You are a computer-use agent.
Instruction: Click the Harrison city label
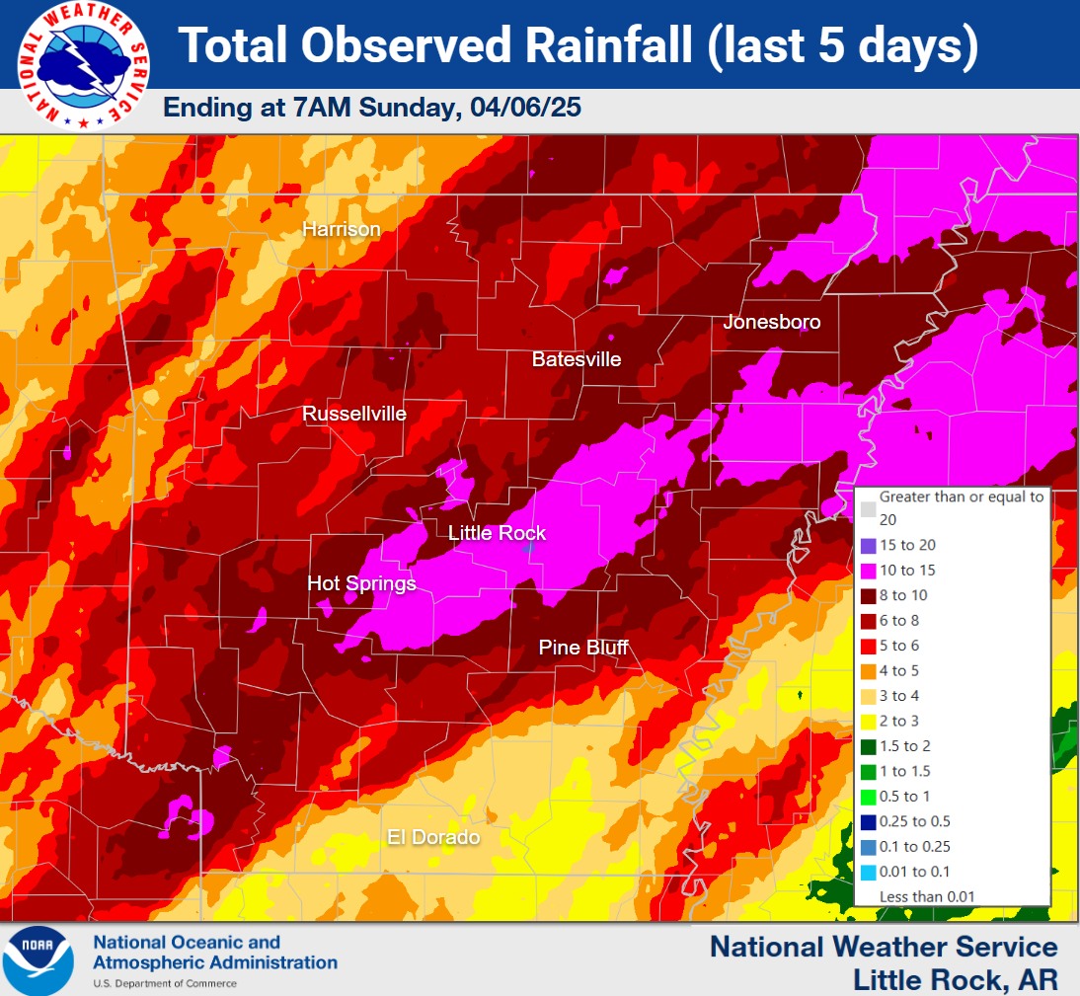click(x=341, y=229)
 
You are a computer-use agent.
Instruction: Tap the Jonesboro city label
click(x=771, y=322)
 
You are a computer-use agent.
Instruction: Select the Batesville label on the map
click(x=577, y=359)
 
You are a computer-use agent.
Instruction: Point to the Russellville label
click(x=354, y=414)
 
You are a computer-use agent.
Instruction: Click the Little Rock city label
click(x=497, y=533)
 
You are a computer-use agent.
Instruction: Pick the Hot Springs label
click(x=361, y=583)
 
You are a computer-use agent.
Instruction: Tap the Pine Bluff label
click(x=583, y=648)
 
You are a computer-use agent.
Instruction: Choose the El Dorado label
click(x=433, y=837)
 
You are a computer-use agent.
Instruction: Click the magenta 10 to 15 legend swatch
click(x=868, y=571)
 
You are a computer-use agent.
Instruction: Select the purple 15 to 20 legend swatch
click(x=868, y=545)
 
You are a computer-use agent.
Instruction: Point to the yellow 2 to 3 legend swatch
click(x=868, y=722)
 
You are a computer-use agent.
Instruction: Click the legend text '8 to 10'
click(x=903, y=595)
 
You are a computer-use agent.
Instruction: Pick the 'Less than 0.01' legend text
click(x=927, y=896)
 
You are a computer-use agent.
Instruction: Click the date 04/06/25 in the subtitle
click(x=521, y=108)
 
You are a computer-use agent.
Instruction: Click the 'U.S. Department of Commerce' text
click(x=165, y=983)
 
